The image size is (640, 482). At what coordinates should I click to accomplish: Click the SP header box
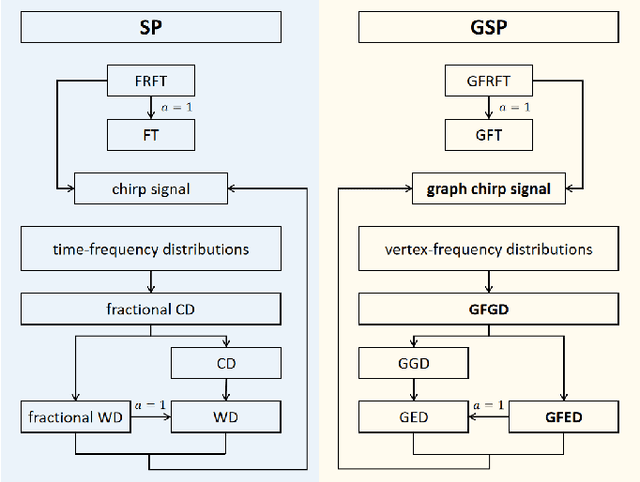150,27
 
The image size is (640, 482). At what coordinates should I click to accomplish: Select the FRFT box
150,80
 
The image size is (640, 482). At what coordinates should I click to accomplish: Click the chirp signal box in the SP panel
150,187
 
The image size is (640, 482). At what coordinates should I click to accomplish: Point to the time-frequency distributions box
150,248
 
